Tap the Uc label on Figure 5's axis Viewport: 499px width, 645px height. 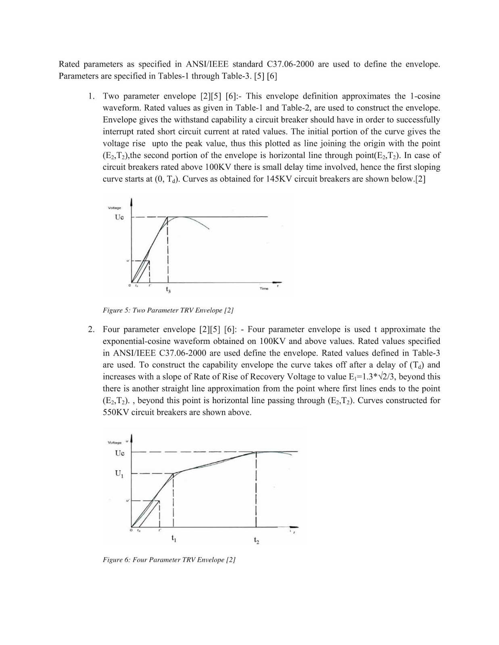[119, 217]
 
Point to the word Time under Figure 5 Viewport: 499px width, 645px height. [264, 289]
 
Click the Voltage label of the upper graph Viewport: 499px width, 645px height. [115, 208]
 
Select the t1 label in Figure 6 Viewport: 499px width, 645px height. [174, 538]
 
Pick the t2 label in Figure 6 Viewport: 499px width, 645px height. [257, 540]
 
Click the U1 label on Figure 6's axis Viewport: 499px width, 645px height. [119, 474]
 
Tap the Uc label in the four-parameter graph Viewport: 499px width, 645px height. [120, 453]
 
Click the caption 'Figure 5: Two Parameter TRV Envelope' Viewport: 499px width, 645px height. [168, 310]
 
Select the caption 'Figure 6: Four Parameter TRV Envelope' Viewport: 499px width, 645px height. [169, 560]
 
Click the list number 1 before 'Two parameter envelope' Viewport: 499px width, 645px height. [92, 96]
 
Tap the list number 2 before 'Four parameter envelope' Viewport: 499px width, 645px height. [92, 330]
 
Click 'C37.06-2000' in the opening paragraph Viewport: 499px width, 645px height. [290, 64]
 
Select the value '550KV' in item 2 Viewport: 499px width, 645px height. [116, 412]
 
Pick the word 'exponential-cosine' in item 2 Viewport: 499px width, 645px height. [136, 341]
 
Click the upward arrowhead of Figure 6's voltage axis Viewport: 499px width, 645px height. [132, 437]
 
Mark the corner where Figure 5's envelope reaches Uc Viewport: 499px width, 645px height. [167, 217]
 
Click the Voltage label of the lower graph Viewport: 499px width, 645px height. [115, 443]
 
